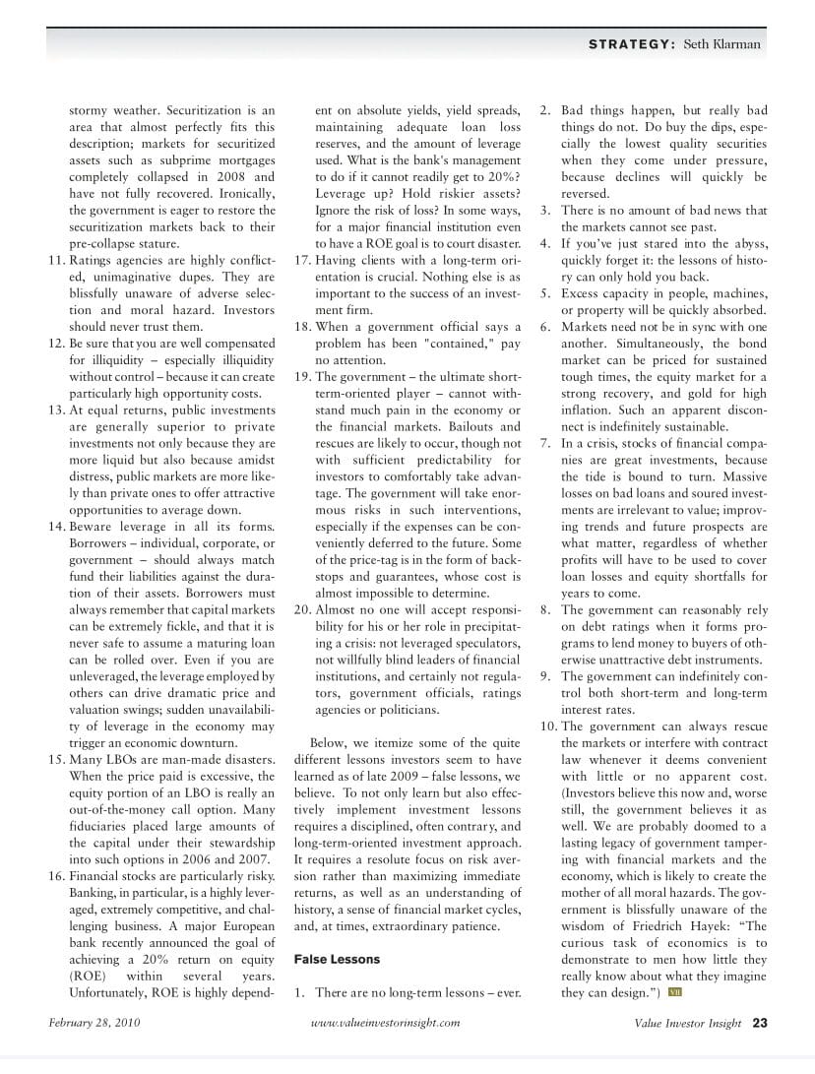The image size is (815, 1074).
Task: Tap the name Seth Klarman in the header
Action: [x=721, y=44]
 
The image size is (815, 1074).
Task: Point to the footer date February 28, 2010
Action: [x=94, y=1023]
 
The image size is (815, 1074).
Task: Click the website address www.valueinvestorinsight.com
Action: [x=385, y=1023]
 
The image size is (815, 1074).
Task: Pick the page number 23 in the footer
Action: [x=760, y=1023]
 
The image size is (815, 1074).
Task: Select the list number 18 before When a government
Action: [x=302, y=327]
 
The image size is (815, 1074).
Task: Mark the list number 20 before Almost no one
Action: [x=302, y=609]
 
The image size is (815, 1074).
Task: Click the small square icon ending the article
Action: [x=675, y=991]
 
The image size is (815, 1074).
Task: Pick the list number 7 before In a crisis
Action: [x=545, y=443]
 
